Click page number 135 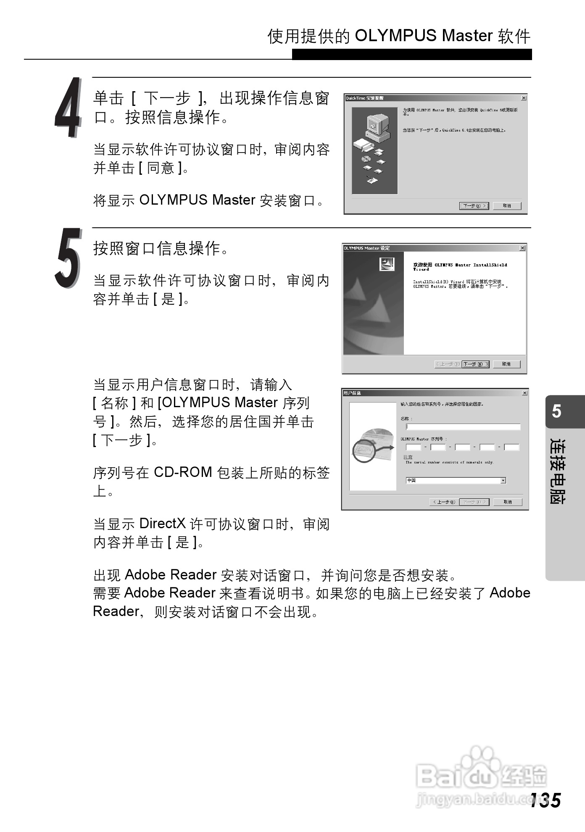[545, 800]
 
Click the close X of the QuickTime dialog [524, 98]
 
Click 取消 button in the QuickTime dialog [507, 206]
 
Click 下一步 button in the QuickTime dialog [474, 206]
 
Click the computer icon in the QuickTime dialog [375, 127]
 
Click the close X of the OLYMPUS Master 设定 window [522, 248]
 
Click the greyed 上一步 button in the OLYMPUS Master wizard [447, 364]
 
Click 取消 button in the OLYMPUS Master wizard [506, 364]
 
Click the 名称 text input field [463, 427]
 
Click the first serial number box [414, 447]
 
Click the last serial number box [511, 447]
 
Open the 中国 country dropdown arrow [503, 480]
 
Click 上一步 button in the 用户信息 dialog [444, 502]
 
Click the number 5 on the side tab [556, 411]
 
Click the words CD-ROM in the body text [183, 472]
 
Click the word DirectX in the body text [163, 524]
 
